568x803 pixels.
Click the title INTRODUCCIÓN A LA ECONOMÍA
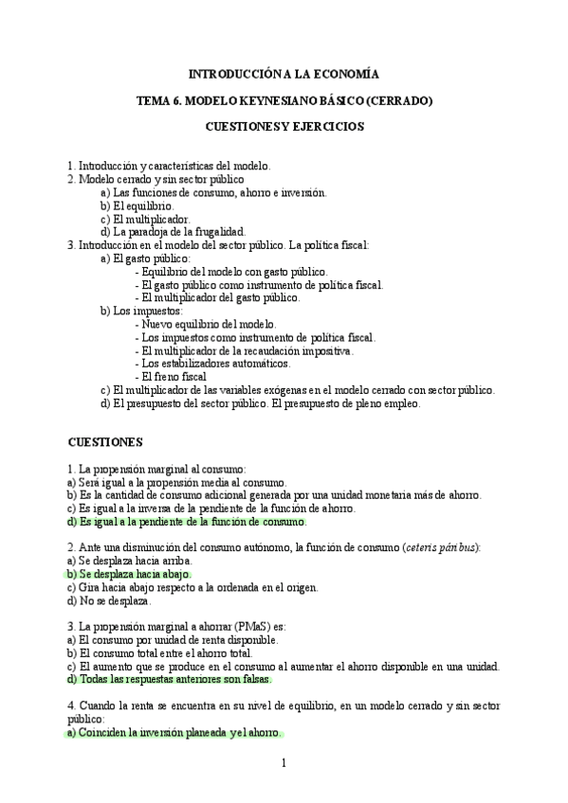click(284, 74)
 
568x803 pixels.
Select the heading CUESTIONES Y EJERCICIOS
click(284, 126)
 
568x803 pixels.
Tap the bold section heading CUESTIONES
click(105, 441)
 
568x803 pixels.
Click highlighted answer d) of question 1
click(187, 521)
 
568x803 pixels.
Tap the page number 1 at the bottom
click(284, 762)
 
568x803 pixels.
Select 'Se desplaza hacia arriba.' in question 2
click(128, 561)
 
